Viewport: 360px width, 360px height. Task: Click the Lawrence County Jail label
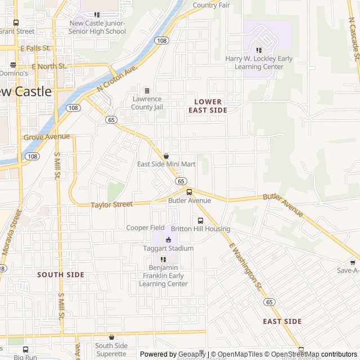point(147,103)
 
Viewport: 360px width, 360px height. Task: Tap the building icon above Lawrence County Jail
point(147,91)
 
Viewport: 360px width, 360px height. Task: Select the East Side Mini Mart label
point(166,164)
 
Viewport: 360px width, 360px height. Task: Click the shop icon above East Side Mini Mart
point(166,156)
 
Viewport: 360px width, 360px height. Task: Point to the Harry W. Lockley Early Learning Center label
point(259,62)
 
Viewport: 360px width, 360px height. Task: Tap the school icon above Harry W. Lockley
point(259,50)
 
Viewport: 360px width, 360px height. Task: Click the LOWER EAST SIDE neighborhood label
point(208,106)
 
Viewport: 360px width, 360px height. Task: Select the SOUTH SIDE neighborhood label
point(60,274)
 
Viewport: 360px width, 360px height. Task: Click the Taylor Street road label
point(111,205)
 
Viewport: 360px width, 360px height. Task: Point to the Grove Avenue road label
point(47,137)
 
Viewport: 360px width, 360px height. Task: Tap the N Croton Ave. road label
point(117,79)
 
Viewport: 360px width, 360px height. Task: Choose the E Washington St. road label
point(246,267)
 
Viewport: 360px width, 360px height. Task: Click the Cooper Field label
point(145,228)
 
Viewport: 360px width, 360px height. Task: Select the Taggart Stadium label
point(168,248)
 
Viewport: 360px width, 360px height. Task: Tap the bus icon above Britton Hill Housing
point(200,220)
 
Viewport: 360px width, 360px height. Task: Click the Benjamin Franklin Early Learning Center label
point(163,276)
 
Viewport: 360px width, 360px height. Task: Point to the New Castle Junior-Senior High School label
point(97,27)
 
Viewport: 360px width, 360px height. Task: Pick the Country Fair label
point(211,5)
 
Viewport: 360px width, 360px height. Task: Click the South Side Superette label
point(111,349)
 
